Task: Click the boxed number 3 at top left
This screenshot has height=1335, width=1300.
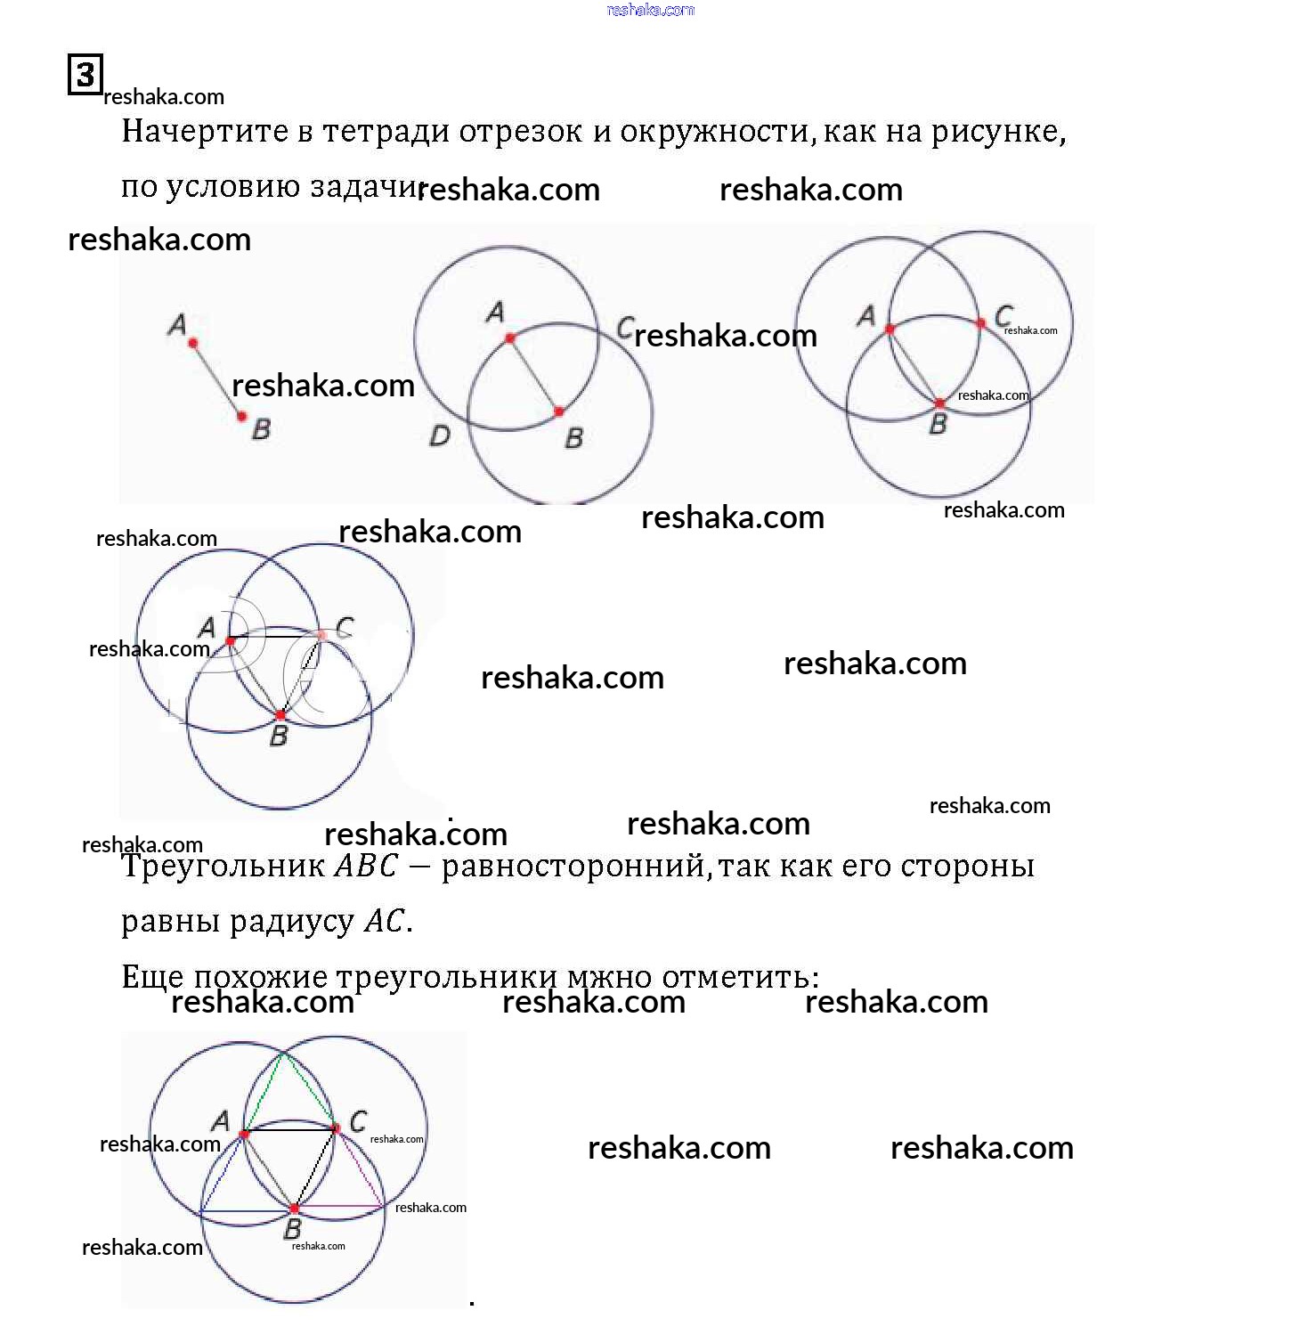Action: (x=85, y=74)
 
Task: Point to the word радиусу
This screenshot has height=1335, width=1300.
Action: (x=293, y=921)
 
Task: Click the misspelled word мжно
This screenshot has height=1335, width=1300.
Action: (x=609, y=977)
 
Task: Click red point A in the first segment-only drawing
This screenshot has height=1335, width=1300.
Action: (x=193, y=343)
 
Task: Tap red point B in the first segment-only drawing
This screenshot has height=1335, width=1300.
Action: (x=242, y=416)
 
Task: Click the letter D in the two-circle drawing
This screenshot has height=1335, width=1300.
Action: (x=440, y=436)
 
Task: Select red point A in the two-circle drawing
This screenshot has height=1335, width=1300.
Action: (x=510, y=338)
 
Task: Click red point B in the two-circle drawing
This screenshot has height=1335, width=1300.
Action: (x=559, y=411)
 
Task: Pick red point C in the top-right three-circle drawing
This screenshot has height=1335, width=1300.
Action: (x=980, y=323)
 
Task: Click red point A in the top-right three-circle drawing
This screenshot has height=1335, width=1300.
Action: (x=890, y=330)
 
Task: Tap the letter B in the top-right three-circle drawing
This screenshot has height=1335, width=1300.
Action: (x=938, y=425)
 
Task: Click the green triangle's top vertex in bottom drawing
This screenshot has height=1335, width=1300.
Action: (x=283, y=1054)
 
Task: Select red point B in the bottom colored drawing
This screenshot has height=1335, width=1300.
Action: (x=295, y=1209)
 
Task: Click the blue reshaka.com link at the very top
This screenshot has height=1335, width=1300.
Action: (x=650, y=10)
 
